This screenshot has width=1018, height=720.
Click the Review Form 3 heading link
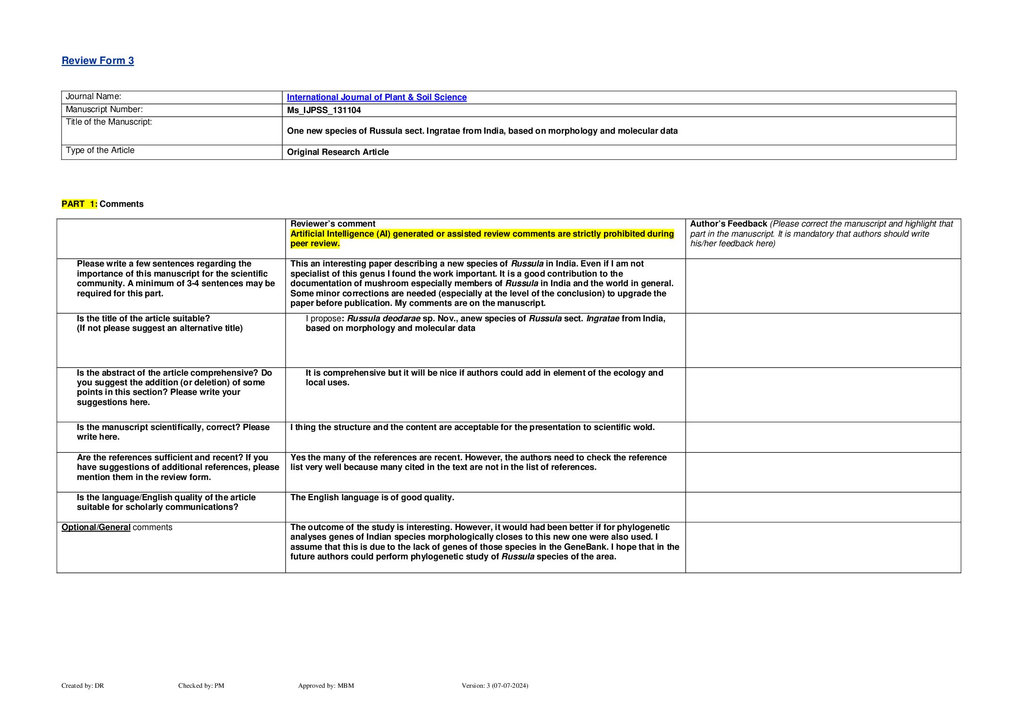[x=98, y=61]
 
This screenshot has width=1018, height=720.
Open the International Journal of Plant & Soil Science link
[x=377, y=97]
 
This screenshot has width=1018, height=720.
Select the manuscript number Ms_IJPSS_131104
[x=324, y=110]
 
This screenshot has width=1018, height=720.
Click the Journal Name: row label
[x=93, y=97]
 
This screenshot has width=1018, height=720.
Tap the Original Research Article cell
[x=338, y=152]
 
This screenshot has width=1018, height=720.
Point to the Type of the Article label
[x=100, y=151]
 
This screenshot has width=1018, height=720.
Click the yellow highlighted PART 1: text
[x=79, y=204]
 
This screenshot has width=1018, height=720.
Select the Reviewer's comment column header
[x=333, y=224]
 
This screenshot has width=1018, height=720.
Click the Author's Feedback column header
[x=728, y=224]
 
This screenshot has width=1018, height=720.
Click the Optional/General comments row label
[x=117, y=528]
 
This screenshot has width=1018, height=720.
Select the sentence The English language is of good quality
[x=372, y=497]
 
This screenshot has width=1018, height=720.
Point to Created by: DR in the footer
[x=83, y=686]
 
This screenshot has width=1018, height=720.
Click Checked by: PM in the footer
[x=201, y=686]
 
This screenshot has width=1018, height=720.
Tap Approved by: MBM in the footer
[x=326, y=686]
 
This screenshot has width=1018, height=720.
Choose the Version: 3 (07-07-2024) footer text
[x=494, y=686]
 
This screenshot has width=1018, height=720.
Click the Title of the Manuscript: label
[x=109, y=122]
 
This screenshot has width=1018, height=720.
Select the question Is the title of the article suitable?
[x=143, y=318]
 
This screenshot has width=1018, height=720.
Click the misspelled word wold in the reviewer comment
[x=645, y=427]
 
